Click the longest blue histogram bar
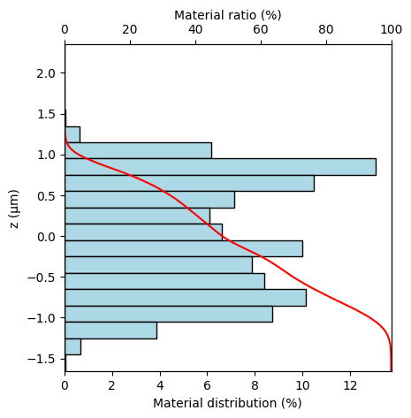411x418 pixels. coord(220,167)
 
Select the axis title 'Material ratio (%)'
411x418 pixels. coord(228,15)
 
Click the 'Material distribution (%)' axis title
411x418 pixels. coord(227,403)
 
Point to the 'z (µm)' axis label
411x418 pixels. coord(14,209)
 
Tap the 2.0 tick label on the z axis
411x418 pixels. coord(46,73)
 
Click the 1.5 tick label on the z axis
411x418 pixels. coord(46,114)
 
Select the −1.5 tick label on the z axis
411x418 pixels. coord(42,359)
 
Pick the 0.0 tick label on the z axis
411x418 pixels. coord(46,237)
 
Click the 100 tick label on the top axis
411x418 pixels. coord(391,30)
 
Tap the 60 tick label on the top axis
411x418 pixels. coord(261,30)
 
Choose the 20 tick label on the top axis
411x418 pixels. coord(130,30)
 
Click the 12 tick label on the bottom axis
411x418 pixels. coord(350,385)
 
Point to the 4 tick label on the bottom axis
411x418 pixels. coord(160,385)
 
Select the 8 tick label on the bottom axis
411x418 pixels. coord(255,385)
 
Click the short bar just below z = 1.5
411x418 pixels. coord(72,134)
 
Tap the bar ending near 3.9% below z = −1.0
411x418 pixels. coord(110,331)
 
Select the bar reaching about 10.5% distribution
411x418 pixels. coord(189,183)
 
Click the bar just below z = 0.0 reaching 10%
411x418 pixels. coord(184,248)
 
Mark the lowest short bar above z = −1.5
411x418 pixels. coord(72,346)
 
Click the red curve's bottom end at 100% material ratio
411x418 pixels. coord(391,371)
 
